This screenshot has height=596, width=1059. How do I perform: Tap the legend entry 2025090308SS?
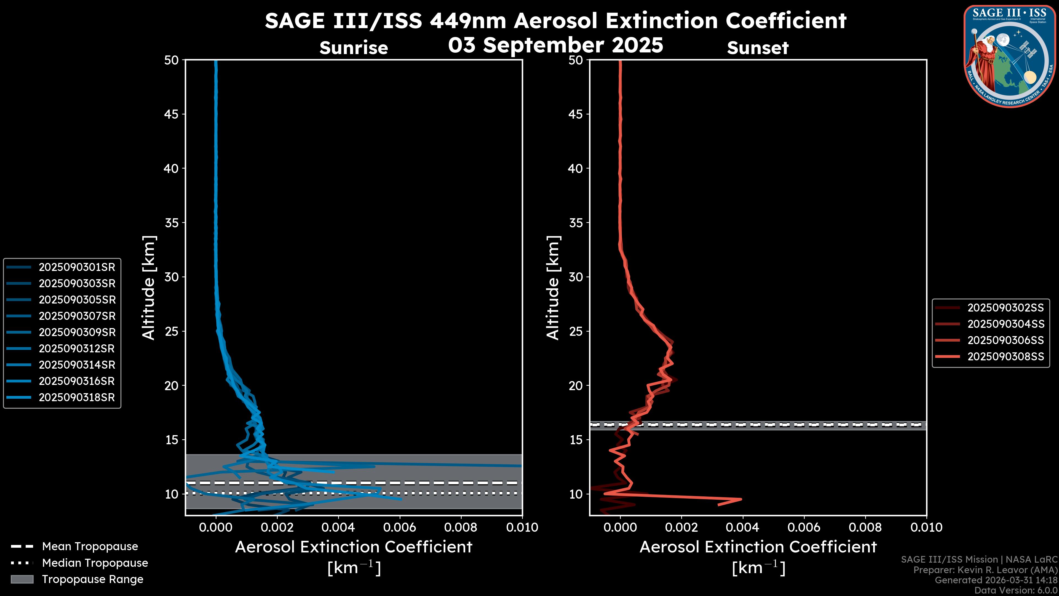point(1005,356)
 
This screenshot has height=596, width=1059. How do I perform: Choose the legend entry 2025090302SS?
point(1005,308)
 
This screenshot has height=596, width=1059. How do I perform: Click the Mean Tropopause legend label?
point(90,547)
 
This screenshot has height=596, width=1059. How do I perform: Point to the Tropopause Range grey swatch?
point(22,579)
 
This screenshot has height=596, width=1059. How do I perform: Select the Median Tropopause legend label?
point(95,563)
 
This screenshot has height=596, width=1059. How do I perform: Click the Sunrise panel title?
point(354,48)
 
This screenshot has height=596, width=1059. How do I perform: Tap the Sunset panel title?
point(758,48)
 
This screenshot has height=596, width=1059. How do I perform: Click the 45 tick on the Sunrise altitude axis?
point(172,114)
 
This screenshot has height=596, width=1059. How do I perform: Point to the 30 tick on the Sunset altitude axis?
point(576,277)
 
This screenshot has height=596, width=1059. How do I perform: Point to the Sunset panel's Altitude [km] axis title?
point(553,288)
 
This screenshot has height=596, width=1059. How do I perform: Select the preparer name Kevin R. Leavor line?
point(985,570)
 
